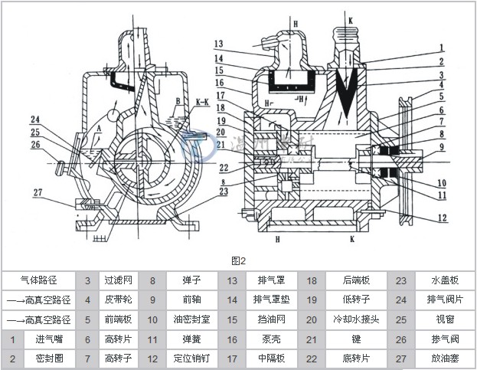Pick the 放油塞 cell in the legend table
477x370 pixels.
point(439,359)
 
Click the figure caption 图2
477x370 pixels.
point(238,260)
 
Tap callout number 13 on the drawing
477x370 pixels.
point(218,43)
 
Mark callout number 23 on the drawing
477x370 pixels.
point(223,192)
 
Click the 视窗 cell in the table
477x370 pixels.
point(439,319)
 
